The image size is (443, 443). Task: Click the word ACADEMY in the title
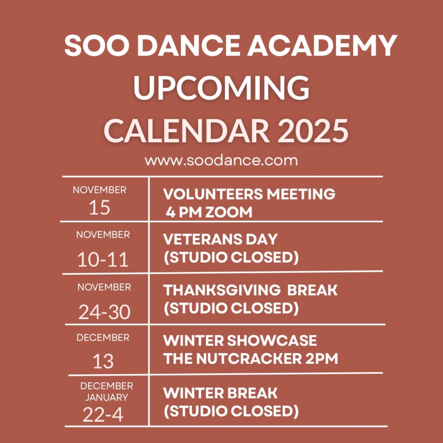tap(323, 46)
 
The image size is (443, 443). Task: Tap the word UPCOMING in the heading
tap(221, 88)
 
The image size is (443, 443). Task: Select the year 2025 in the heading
tap(313, 131)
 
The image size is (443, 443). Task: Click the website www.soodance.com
tap(221, 160)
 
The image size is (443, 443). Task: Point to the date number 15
tap(99, 208)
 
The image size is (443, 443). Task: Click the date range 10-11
tap(103, 260)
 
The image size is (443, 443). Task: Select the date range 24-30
tap(104, 312)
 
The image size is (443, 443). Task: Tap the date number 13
tap(103, 361)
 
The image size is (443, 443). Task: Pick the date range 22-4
tap(103, 415)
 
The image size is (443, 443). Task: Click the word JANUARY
tap(107, 397)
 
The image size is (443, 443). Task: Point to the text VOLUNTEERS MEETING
tap(249, 194)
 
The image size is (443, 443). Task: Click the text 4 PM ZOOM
tap(209, 212)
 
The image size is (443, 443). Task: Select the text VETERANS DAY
tap(220, 239)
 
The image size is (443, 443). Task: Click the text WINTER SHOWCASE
tap(240, 341)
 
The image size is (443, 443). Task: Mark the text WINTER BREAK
tap(220, 393)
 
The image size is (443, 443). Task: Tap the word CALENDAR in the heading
tap(187, 131)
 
